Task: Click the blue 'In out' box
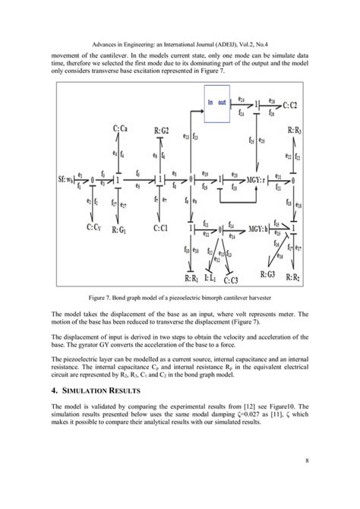[217, 104]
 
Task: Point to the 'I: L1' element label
[211, 278]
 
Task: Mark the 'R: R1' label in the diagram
[186, 278]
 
